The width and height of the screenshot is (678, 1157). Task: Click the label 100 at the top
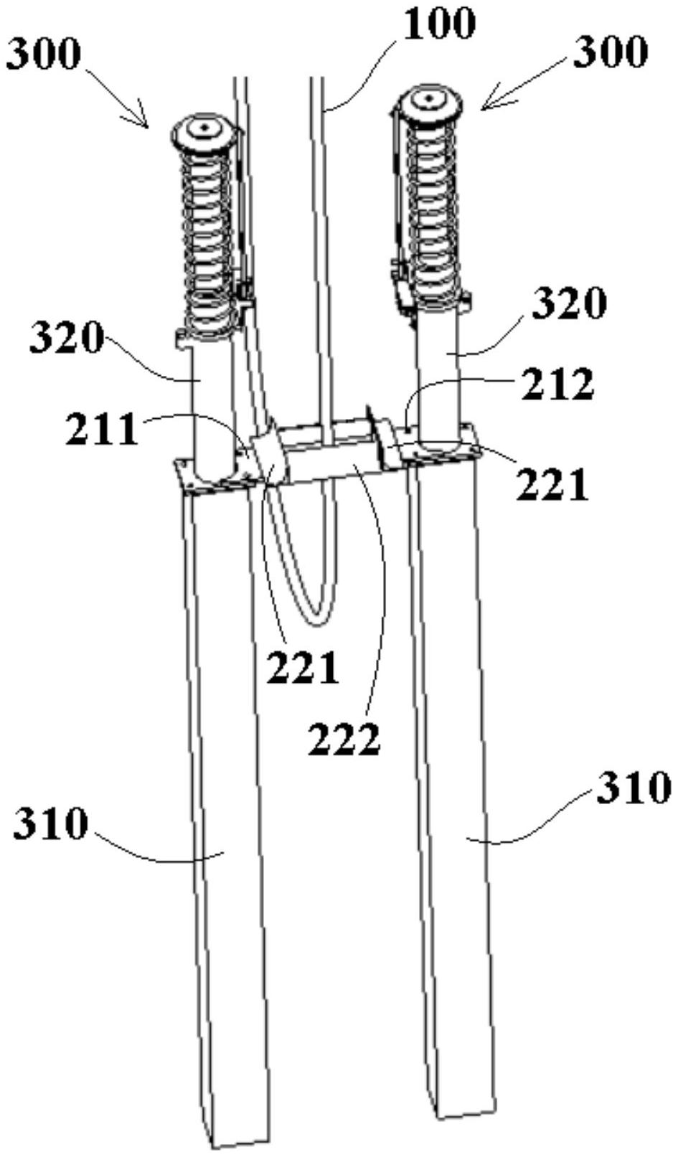(439, 25)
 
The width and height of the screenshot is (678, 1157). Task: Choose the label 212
(557, 384)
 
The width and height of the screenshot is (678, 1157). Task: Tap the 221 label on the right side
(552, 483)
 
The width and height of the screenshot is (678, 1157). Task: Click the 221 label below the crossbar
(302, 667)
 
